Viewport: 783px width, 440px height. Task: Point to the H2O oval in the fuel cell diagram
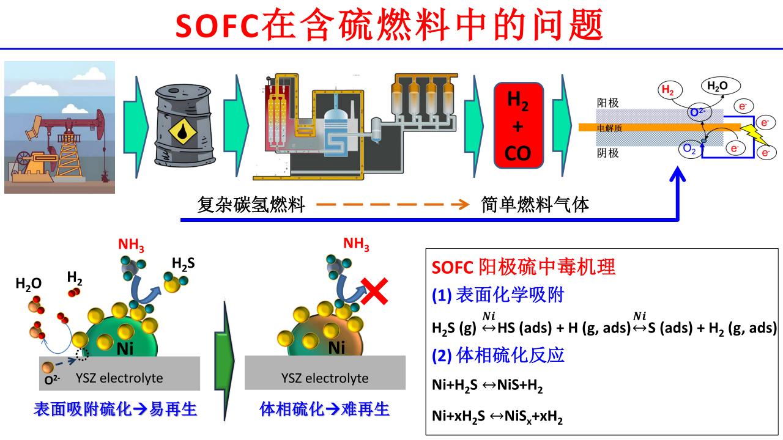click(718, 86)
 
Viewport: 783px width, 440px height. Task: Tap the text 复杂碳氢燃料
click(251, 205)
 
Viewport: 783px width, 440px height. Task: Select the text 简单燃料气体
click(535, 205)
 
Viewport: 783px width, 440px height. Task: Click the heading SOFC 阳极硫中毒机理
click(524, 267)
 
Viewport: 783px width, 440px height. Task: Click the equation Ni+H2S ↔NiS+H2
click(488, 386)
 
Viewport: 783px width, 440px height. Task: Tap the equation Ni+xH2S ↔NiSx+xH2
click(497, 417)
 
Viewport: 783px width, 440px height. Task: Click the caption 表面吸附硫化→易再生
click(116, 409)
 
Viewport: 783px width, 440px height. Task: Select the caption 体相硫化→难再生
click(324, 409)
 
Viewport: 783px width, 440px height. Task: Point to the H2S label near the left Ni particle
click(183, 265)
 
